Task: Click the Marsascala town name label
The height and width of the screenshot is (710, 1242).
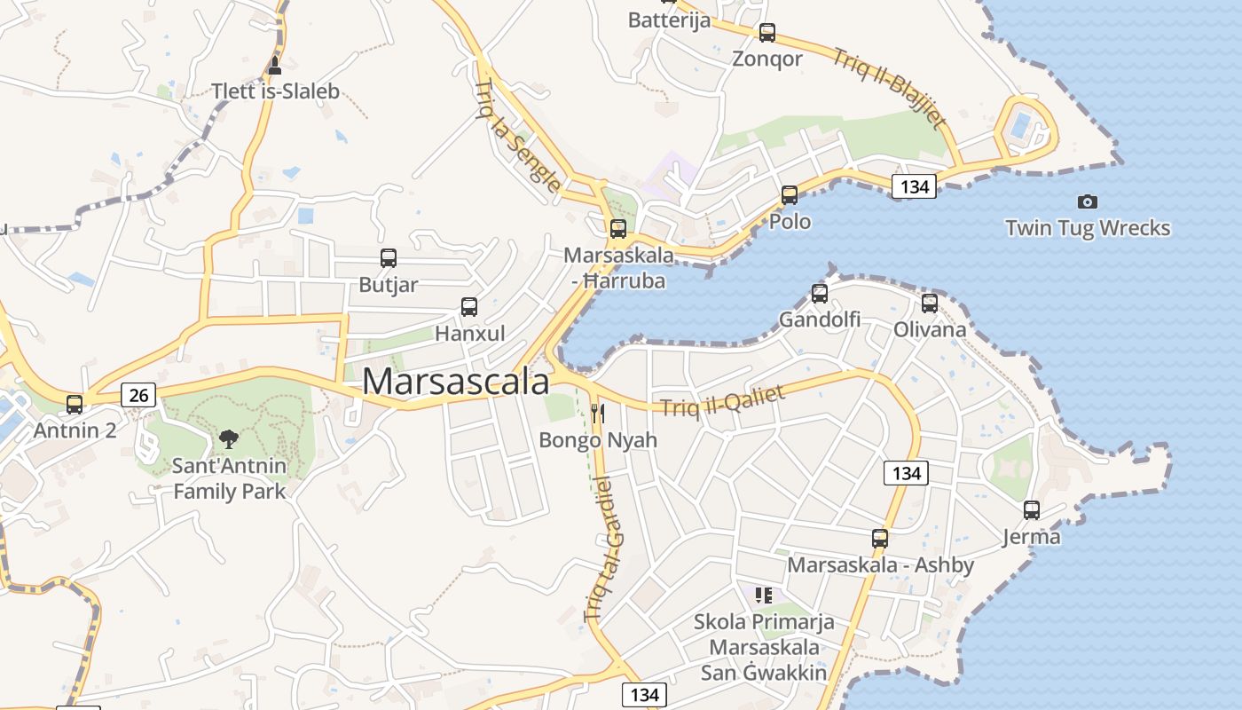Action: (456, 382)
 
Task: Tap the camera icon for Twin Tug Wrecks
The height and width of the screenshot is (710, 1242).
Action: (1087, 201)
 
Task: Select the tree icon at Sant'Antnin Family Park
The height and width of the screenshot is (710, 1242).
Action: (229, 438)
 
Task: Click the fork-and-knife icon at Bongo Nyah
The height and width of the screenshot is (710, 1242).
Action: (598, 413)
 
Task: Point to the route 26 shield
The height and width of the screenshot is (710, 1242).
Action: (138, 394)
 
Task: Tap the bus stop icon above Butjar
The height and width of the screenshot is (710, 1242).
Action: (389, 258)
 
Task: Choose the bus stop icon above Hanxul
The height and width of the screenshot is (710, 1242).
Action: (469, 307)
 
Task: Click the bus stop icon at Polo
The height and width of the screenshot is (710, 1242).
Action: (790, 195)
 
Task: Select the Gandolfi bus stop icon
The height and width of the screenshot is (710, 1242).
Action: (820, 293)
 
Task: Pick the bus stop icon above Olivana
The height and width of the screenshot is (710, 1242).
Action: (930, 304)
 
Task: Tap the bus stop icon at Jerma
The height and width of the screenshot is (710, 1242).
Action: (1032, 510)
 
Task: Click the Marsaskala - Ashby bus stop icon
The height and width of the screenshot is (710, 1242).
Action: (880, 539)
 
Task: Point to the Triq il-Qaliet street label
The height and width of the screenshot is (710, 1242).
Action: (723, 400)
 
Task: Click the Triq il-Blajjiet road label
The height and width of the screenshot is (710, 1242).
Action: (890, 88)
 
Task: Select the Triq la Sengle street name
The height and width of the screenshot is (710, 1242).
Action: (517, 136)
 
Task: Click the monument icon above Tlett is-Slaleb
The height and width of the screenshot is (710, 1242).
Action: (275, 65)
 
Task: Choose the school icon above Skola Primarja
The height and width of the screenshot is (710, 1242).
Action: (764, 595)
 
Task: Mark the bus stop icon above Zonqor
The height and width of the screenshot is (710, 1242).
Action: (767, 33)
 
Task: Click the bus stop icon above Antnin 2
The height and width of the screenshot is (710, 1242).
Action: (75, 405)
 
